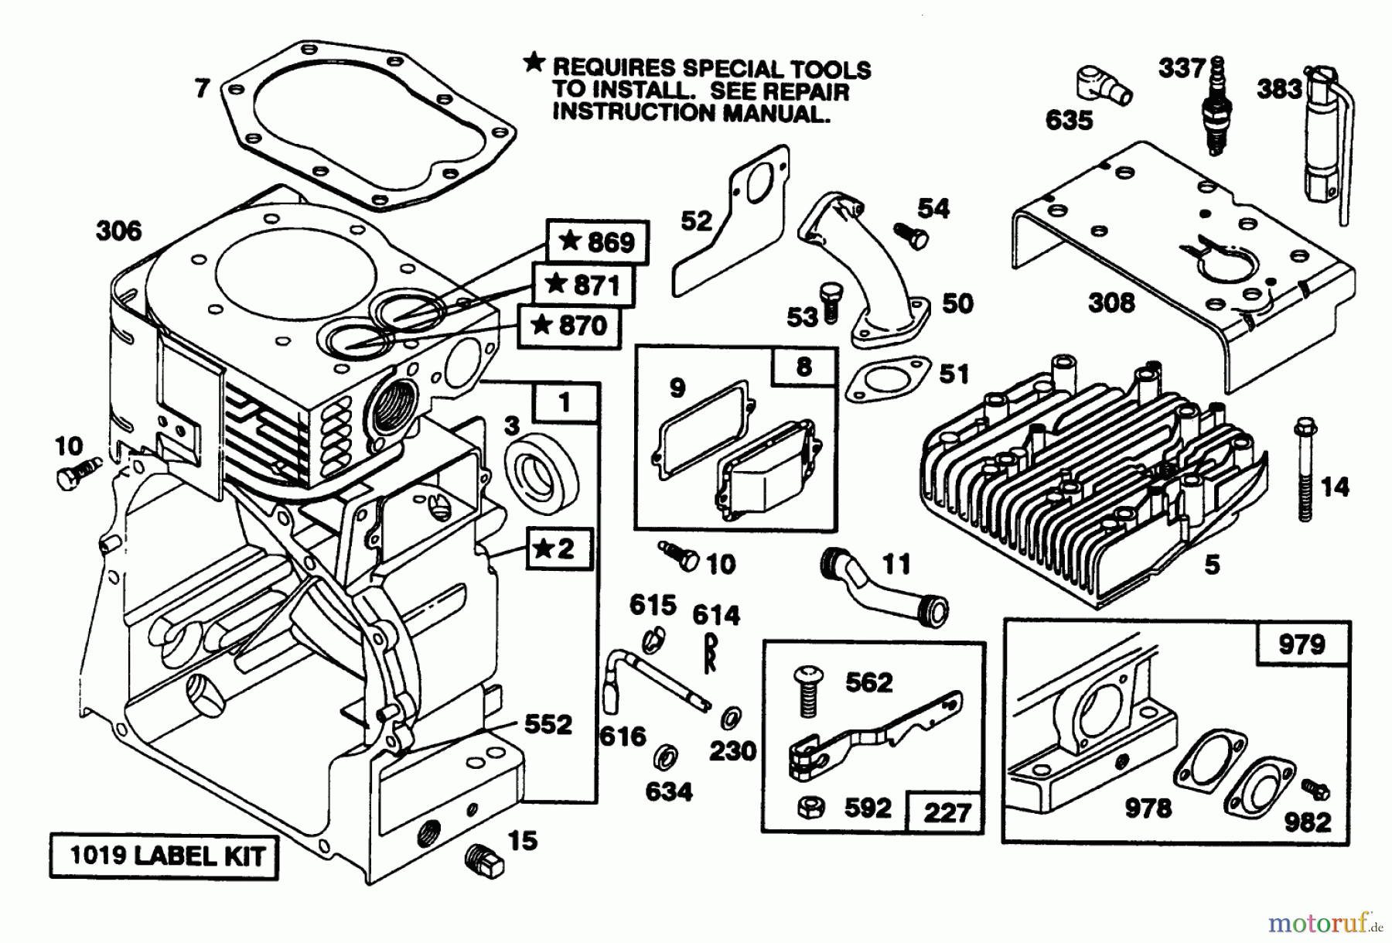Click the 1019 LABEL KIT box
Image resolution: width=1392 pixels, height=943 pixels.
coord(164,856)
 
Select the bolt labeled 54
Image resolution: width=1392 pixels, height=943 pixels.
coord(911,235)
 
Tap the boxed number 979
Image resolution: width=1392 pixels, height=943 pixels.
coord(1302,644)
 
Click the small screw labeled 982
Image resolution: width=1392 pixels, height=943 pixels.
coord(1315,790)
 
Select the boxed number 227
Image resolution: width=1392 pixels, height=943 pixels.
coord(947,812)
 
